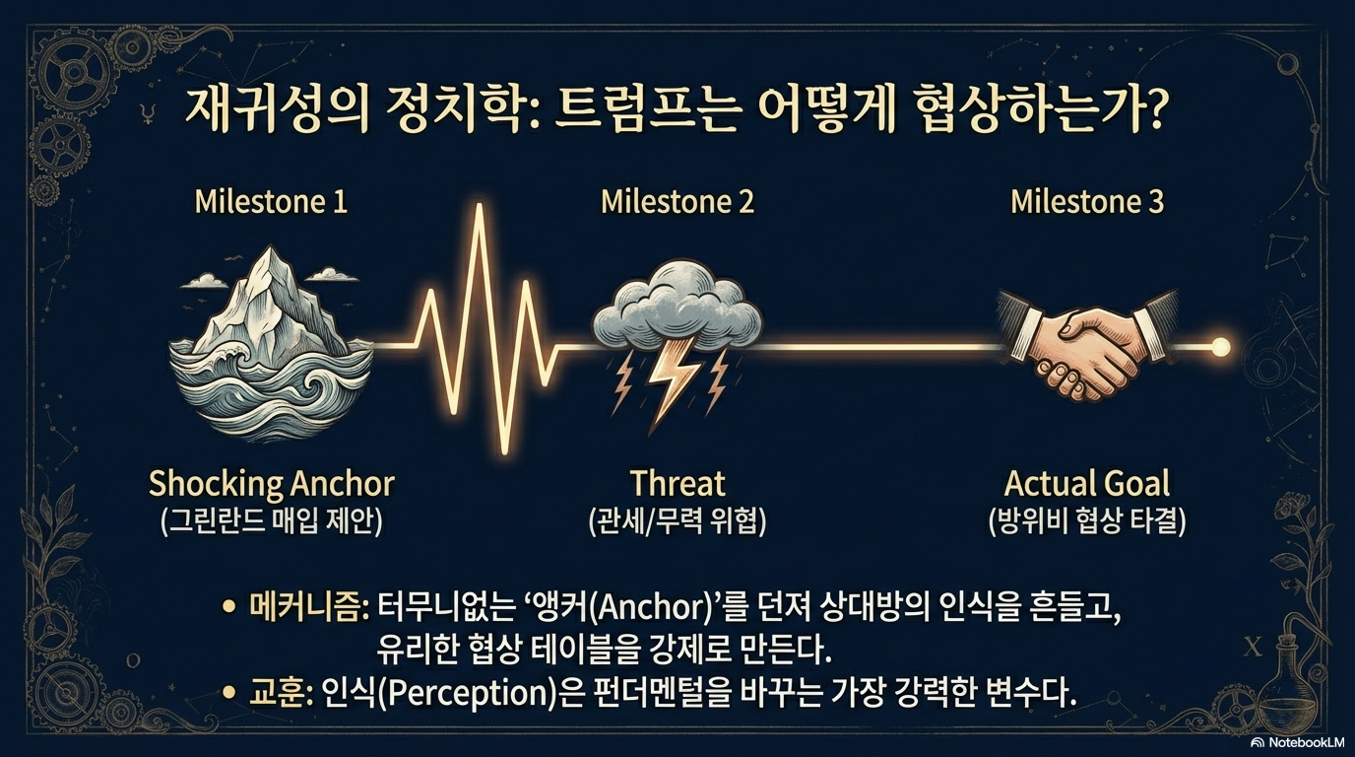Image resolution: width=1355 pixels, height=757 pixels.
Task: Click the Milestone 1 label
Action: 271,202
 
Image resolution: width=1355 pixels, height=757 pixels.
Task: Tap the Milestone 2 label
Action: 677,202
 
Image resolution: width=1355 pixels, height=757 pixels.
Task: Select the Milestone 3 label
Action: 1087,202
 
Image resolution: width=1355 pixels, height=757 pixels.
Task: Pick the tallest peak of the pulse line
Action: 480,206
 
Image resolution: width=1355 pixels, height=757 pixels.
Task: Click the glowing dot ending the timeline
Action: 1221,347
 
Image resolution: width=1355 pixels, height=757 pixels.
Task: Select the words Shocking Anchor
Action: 272,484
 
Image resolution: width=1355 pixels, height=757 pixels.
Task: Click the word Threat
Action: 677,484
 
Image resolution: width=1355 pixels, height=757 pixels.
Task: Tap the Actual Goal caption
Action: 1087,485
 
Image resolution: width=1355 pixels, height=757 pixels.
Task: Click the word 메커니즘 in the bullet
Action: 306,607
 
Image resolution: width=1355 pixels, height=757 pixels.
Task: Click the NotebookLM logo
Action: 1301,742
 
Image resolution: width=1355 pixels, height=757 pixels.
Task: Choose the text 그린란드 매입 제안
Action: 272,521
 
